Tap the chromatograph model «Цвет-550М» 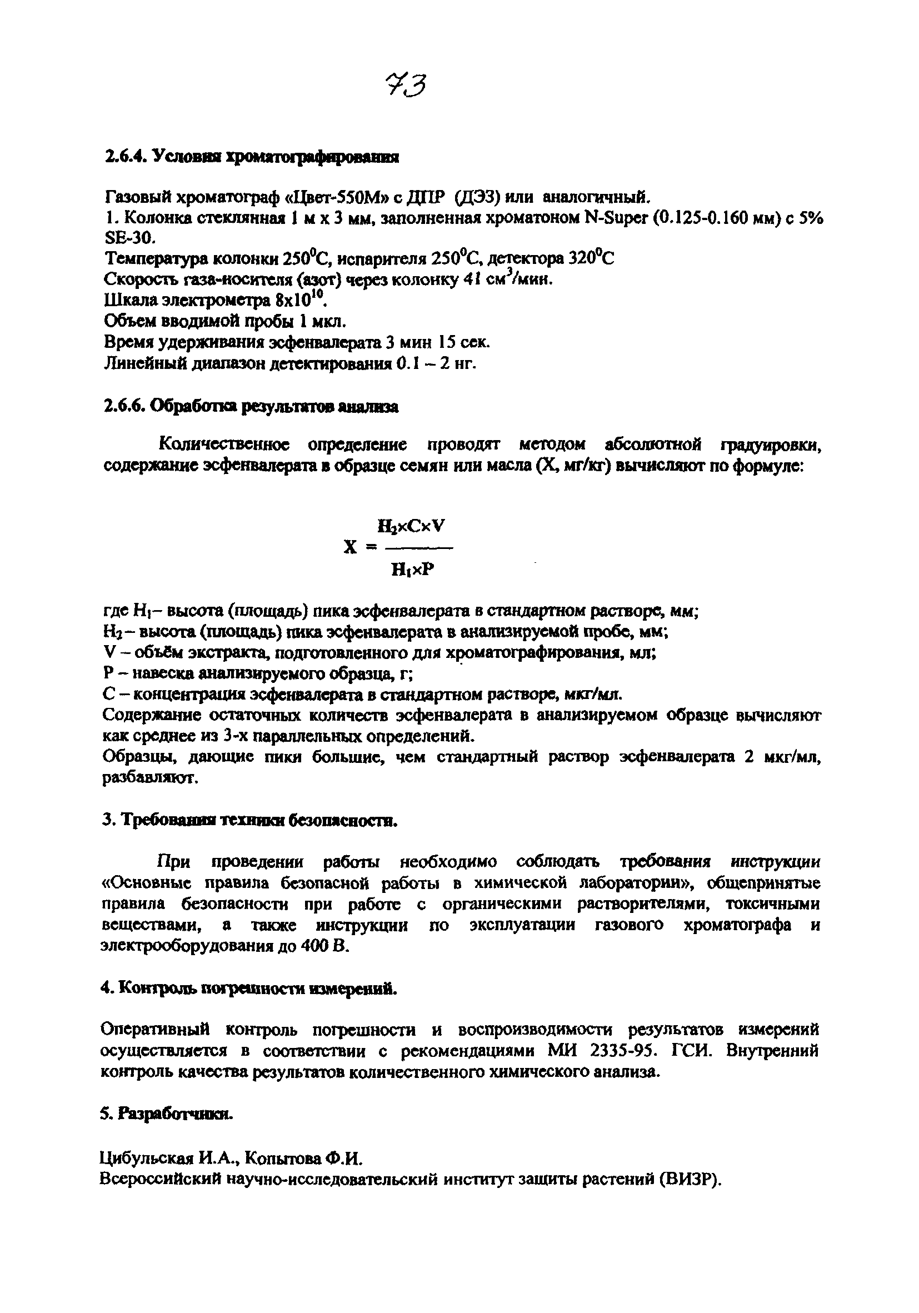[x=332, y=198]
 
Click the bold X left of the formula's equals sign [x=351, y=548]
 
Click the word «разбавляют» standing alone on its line [x=150, y=778]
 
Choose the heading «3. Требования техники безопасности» [x=249, y=821]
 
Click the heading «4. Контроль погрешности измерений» [x=248, y=989]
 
